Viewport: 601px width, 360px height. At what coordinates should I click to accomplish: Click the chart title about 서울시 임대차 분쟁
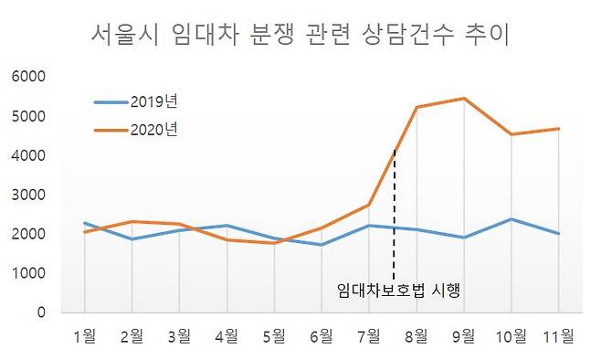tap(300, 36)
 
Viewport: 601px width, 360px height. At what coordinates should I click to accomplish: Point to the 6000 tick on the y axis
tap(27, 77)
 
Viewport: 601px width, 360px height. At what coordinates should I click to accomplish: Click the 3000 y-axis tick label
tap(27, 195)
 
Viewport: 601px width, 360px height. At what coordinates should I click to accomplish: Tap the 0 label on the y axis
tap(40, 312)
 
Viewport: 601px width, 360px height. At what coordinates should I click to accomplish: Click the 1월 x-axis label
tap(84, 336)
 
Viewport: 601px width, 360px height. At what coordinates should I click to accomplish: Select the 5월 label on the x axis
tap(273, 336)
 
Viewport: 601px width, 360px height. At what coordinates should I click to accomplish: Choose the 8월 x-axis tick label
tap(416, 336)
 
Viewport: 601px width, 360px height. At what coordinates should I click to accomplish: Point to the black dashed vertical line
tap(394, 219)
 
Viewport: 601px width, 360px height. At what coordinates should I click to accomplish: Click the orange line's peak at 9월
tap(464, 98)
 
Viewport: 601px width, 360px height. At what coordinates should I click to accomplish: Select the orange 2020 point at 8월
tap(416, 107)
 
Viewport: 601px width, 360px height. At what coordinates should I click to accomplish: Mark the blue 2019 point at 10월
tap(511, 219)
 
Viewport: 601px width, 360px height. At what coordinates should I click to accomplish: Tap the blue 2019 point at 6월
tap(322, 245)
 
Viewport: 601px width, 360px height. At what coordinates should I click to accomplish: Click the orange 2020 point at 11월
tap(558, 129)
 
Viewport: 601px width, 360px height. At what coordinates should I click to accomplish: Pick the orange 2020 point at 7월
tap(369, 205)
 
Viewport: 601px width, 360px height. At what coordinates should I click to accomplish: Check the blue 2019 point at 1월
tap(84, 223)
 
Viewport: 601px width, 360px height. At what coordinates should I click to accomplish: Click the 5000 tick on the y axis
tap(27, 116)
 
